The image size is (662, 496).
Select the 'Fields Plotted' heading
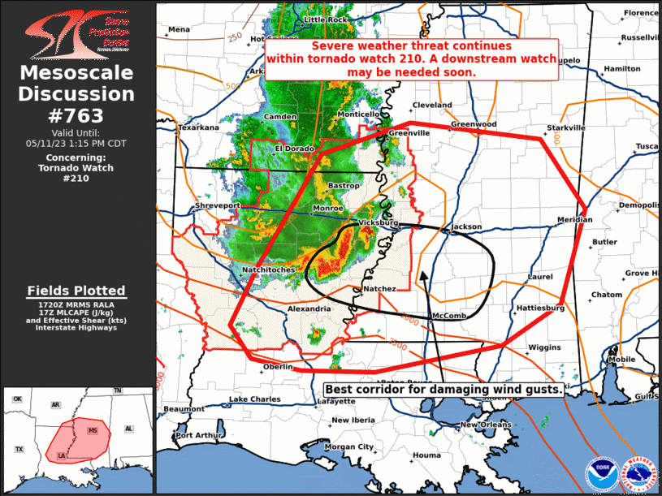click(x=76, y=291)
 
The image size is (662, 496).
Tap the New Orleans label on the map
click(x=485, y=425)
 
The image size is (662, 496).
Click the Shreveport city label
click(x=218, y=206)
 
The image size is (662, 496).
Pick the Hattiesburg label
click(x=539, y=308)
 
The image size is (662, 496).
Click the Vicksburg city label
click(x=378, y=222)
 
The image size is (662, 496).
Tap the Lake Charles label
click(x=254, y=399)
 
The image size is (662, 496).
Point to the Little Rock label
click(x=325, y=19)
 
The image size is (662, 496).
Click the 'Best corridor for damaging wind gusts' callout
click(x=443, y=389)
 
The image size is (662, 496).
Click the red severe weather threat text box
click(x=412, y=59)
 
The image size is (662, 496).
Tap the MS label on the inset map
click(x=93, y=429)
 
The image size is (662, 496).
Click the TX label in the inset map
click(x=19, y=449)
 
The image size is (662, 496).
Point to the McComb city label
click(x=448, y=316)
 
